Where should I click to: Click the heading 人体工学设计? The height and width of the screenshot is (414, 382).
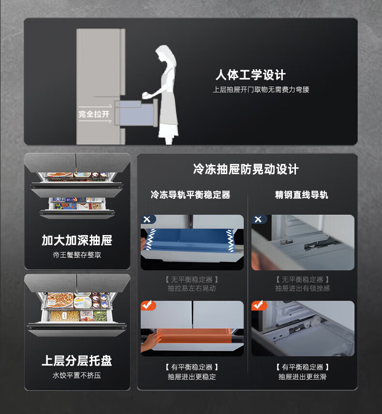[250, 74]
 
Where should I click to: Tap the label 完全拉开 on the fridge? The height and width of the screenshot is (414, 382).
[94, 114]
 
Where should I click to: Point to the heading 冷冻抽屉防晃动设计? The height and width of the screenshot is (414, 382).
[246, 169]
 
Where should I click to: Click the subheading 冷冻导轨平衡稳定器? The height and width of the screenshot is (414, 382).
[191, 195]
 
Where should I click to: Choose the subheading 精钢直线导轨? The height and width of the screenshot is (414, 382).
[301, 195]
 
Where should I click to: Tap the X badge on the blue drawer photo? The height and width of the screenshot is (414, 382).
[147, 220]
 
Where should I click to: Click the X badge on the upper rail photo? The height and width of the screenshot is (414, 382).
[258, 220]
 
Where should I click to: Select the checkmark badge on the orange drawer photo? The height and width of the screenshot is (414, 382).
[148, 305]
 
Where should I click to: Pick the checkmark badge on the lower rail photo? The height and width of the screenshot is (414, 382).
[259, 305]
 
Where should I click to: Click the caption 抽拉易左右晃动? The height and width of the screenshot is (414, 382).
[192, 288]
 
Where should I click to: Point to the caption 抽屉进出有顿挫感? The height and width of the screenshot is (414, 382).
[303, 288]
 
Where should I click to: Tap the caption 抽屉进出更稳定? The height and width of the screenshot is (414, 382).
[192, 376]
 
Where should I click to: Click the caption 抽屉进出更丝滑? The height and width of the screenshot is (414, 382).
[303, 376]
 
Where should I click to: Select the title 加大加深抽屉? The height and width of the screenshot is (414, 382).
[77, 240]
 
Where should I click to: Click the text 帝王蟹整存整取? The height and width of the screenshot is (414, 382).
[77, 255]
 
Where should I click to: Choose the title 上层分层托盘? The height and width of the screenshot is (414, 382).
[77, 361]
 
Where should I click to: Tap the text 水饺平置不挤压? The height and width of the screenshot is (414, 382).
[77, 375]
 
